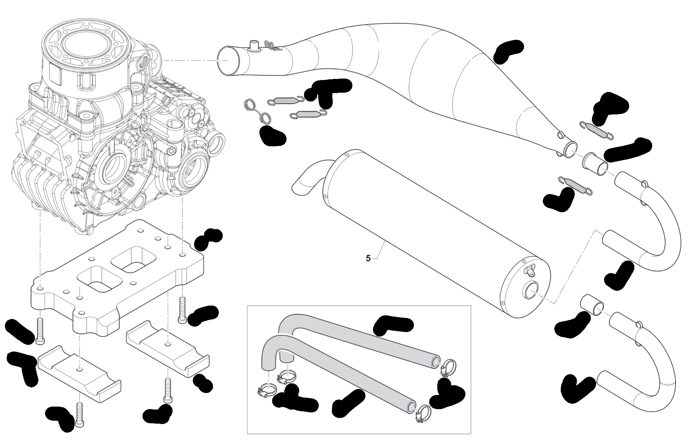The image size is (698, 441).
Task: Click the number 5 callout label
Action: (368, 259)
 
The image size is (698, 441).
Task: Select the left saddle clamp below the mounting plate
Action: (79, 373)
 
